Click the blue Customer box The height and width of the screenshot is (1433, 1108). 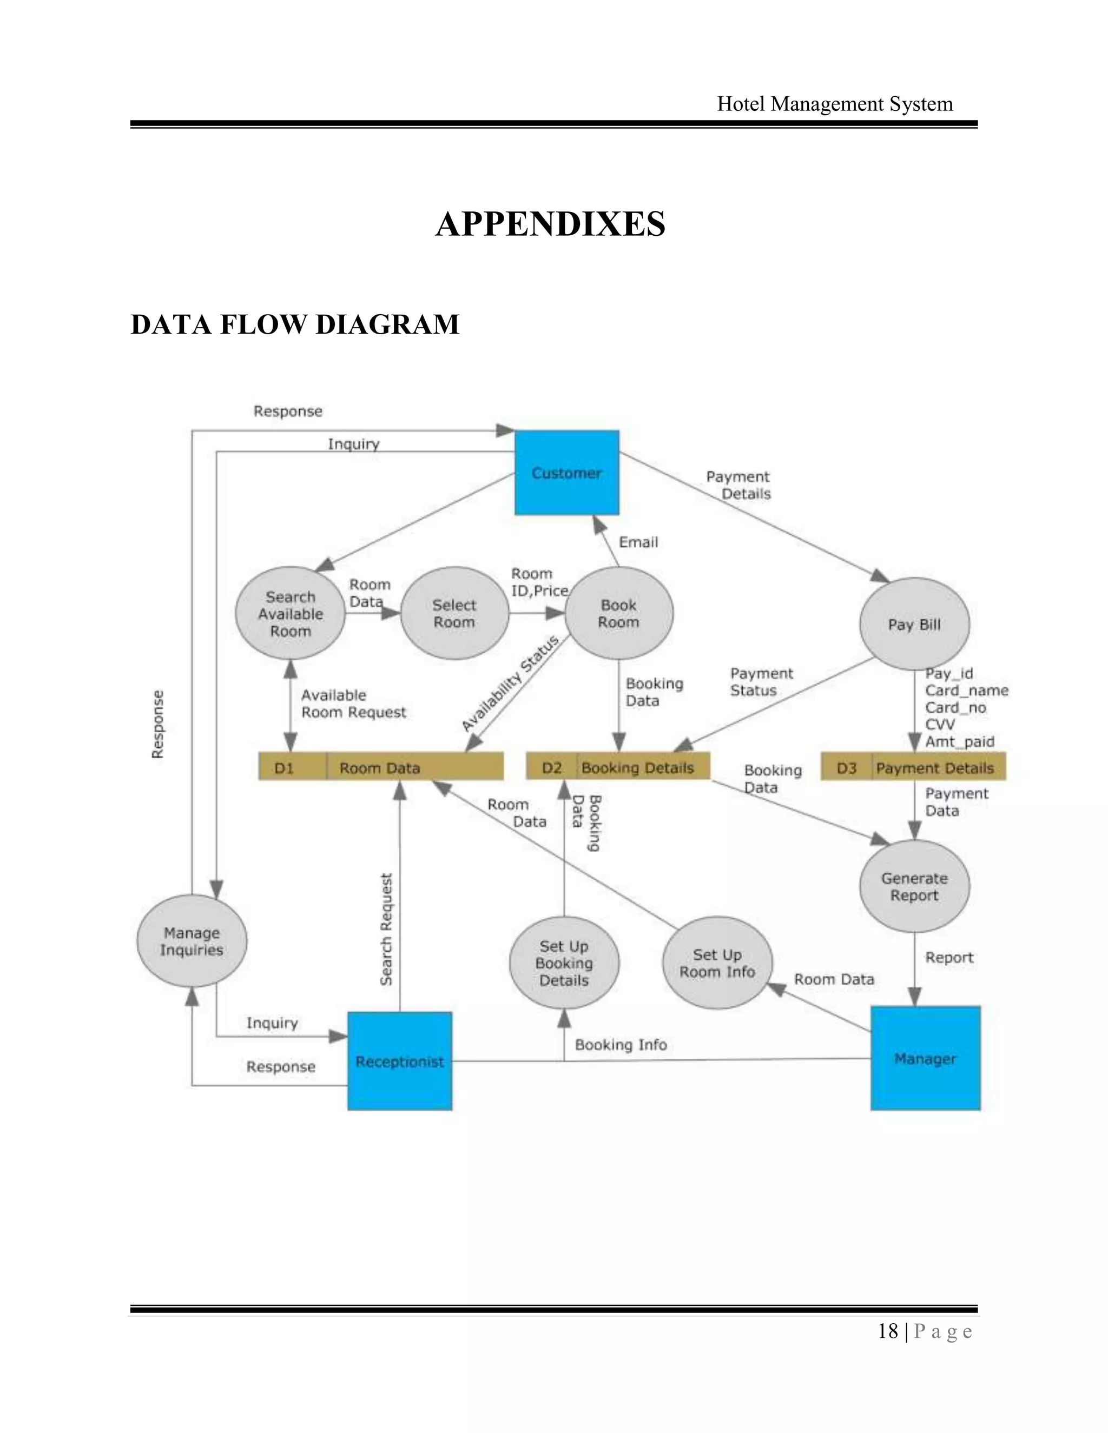coord(566,473)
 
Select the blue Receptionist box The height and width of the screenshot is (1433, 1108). coord(400,1061)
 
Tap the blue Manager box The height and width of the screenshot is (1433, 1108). coord(925,1058)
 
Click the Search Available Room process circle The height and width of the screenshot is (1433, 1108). coord(290,614)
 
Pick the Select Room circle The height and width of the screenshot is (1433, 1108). coord(454,614)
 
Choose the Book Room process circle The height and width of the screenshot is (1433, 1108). coord(618,614)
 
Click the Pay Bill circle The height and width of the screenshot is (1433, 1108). coord(914,624)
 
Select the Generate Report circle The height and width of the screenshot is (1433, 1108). coord(914,886)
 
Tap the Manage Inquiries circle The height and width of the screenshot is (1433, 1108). coord(192,941)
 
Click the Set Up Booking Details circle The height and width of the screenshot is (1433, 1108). coord(564,963)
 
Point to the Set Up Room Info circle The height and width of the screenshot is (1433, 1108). coord(717,963)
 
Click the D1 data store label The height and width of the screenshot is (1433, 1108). coord(284,767)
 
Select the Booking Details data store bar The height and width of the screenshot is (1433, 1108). coord(637,767)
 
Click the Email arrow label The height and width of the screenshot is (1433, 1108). coord(638,542)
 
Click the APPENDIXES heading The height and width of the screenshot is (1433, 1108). coord(550,224)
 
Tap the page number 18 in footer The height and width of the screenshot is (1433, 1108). coord(887,1331)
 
